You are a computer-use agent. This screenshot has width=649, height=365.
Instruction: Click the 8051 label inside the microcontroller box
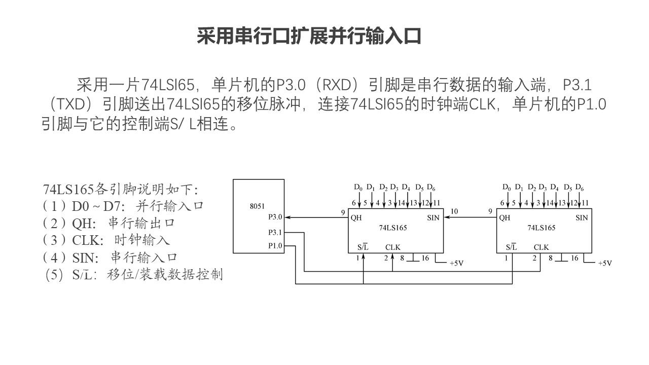(258, 207)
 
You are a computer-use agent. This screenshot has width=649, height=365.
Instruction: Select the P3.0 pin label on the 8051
(275, 217)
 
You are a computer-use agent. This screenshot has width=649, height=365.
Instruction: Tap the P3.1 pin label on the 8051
(275, 233)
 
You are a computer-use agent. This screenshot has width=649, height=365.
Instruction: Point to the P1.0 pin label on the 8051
(275, 246)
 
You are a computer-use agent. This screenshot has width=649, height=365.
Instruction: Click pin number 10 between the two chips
(454, 211)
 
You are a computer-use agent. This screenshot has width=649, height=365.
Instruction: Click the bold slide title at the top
(309, 36)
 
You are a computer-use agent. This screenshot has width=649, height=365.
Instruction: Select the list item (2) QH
(111, 223)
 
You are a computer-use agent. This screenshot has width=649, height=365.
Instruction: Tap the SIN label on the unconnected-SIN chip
(582, 218)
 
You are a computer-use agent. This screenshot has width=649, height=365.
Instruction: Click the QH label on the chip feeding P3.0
(355, 218)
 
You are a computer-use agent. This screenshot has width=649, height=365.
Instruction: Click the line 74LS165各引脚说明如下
(120, 189)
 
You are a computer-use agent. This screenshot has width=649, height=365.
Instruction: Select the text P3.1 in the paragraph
(578, 84)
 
